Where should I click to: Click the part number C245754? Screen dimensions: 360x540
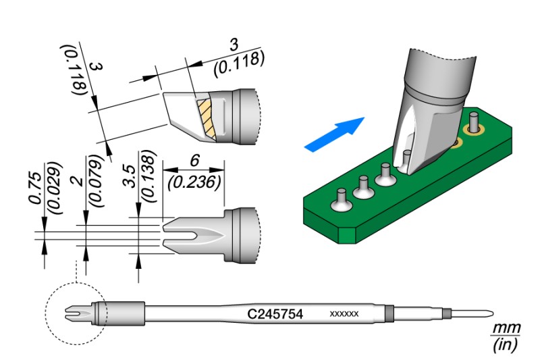[275, 314]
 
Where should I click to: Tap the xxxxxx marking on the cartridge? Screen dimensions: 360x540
[344, 315]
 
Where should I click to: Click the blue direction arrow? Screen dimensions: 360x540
[334, 134]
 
